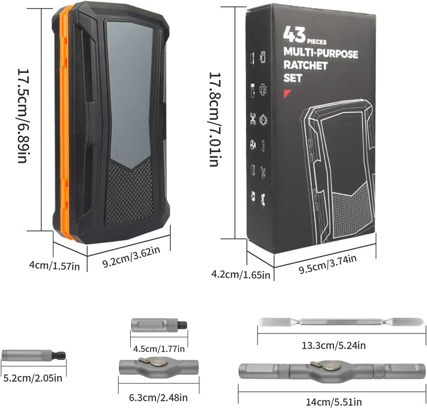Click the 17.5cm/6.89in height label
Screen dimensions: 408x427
click(x=23, y=116)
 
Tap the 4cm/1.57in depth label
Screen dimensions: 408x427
click(x=54, y=265)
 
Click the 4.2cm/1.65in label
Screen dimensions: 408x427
click(x=241, y=275)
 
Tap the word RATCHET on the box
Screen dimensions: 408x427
click(x=305, y=66)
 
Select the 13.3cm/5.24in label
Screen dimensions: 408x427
click(x=334, y=345)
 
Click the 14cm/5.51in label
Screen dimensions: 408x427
click(x=334, y=402)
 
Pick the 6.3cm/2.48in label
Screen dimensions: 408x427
click(x=158, y=398)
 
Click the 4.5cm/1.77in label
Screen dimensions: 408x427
click(x=159, y=349)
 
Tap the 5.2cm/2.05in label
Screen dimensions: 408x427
click(x=33, y=378)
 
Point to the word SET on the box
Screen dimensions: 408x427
click(x=293, y=78)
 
